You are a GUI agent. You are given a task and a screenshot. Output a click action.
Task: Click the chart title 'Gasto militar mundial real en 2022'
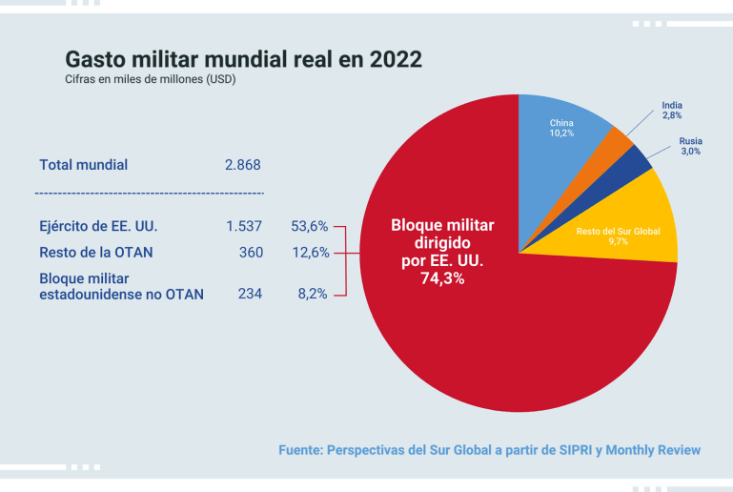point(242,59)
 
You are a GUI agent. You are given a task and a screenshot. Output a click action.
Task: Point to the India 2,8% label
point(672,111)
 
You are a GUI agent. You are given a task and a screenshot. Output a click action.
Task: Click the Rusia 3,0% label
point(690,146)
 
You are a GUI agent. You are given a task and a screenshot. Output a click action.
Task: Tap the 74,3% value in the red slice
point(442,277)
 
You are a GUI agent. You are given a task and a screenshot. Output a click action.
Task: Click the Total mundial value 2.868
point(242,165)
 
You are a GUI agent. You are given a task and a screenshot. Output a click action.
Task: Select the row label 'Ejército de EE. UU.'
point(98,226)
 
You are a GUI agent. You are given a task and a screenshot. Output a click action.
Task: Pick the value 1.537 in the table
point(243,226)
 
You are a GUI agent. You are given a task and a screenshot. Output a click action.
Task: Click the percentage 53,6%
point(310,226)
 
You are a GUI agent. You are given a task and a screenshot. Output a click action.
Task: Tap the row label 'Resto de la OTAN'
point(96,253)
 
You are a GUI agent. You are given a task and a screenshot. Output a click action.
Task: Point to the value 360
point(250,253)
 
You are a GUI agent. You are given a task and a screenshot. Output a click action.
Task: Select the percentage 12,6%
point(310,253)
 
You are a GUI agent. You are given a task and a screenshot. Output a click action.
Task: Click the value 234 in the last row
point(250,295)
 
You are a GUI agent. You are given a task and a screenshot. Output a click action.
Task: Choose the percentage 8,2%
point(313,295)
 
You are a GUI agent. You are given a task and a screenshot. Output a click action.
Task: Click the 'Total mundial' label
point(84,165)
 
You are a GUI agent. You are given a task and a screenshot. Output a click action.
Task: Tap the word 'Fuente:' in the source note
point(300,449)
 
